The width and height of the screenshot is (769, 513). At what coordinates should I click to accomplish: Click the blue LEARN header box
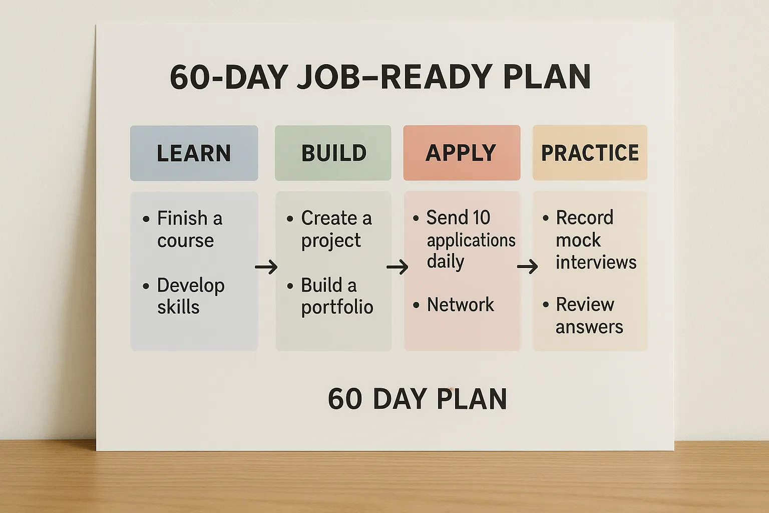tap(194, 153)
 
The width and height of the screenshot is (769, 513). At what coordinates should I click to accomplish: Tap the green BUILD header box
tap(333, 153)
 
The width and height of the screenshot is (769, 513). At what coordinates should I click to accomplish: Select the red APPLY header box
tap(462, 153)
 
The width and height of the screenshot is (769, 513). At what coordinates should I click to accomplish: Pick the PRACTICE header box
tap(590, 153)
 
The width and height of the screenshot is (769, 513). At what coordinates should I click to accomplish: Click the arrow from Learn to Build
tap(266, 267)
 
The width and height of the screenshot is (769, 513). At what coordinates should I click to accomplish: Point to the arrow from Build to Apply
tap(398, 267)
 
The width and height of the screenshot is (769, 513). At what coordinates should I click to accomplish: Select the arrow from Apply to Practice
tap(527, 267)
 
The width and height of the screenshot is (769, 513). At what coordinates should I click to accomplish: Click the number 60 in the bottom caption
tap(345, 399)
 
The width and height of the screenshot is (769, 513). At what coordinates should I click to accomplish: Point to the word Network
tap(460, 305)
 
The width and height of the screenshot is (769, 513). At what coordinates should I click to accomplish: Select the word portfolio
tap(337, 307)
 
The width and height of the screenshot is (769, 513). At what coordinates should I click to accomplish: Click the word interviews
tap(596, 262)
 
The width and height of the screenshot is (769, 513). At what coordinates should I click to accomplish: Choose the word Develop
tap(191, 286)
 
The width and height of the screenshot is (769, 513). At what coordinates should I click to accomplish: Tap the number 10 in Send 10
tap(481, 218)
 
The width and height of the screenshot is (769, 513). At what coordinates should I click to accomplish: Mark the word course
tap(185, 240)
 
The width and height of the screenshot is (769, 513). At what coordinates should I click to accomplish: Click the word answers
tap(589, 327)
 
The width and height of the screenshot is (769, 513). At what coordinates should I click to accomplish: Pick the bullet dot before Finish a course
tap(146, 219)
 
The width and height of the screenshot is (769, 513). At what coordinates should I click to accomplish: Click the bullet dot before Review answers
tap(546, 305)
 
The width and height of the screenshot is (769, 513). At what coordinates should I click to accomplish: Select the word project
tap(330, 241)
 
